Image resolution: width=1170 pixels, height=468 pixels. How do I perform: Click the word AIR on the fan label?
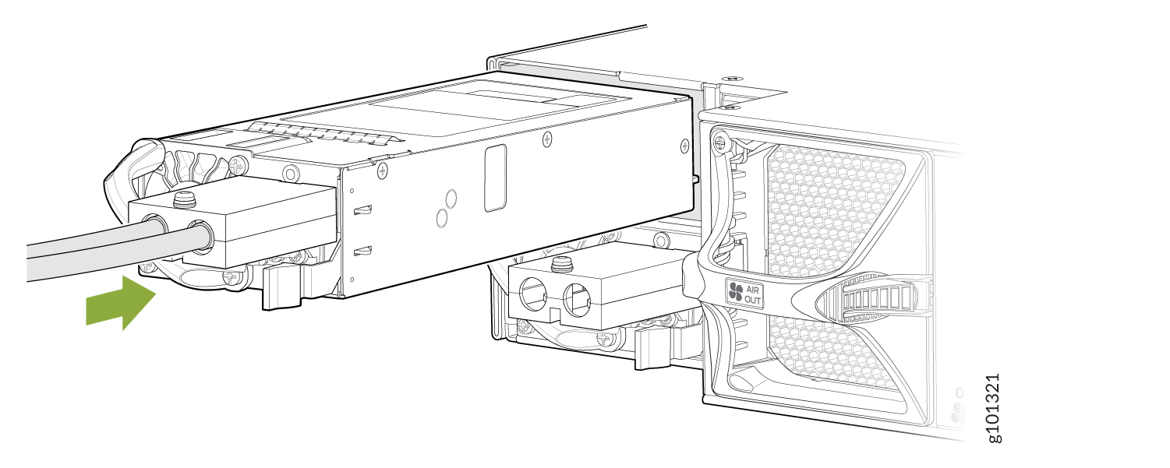pos(752,290)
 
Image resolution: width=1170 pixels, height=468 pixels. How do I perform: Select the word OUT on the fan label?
pos(752,300)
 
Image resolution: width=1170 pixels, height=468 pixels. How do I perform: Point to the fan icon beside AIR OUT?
pos(736,292)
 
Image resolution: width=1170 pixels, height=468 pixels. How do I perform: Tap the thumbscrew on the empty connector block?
pos(561,264)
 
